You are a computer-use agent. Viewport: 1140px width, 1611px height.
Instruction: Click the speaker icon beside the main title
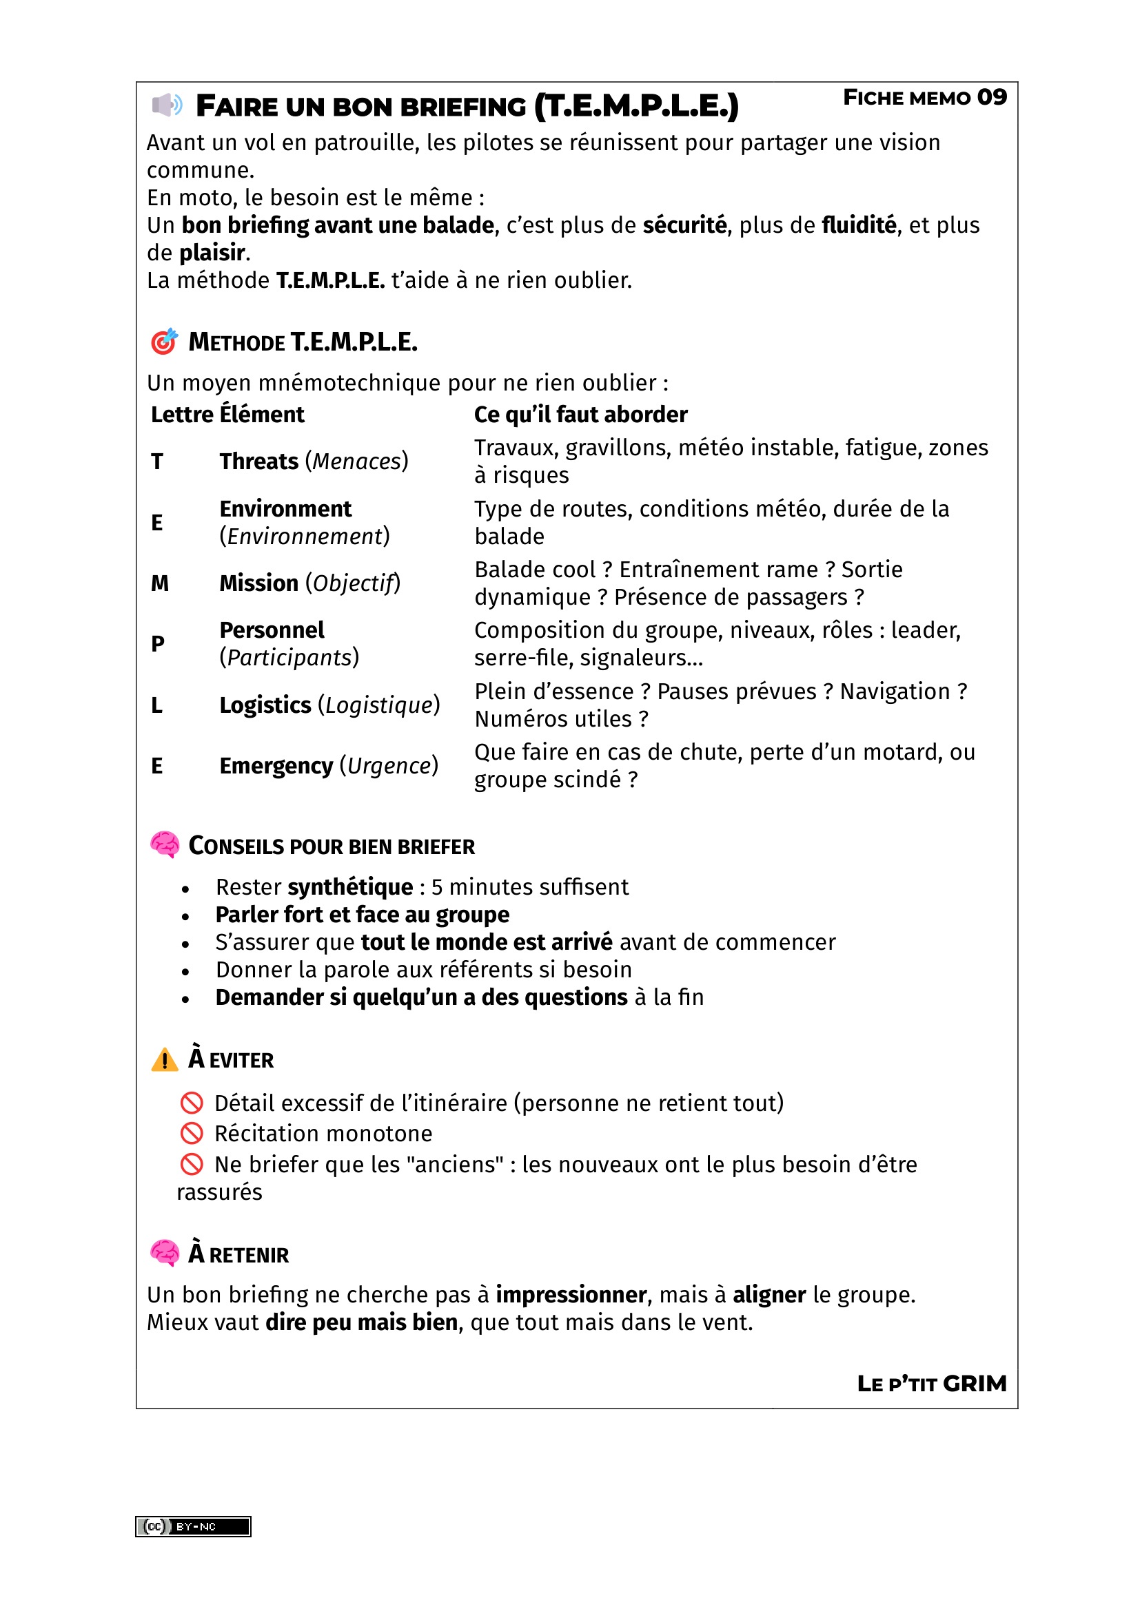167,105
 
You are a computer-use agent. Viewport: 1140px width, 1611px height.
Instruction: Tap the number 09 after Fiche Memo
991,97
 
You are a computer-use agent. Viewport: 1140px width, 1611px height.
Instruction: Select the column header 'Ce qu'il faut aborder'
580,415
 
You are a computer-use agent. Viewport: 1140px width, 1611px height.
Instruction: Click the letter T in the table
156,461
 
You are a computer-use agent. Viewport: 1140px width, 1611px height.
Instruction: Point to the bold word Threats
258,461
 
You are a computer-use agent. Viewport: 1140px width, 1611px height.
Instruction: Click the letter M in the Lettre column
159,583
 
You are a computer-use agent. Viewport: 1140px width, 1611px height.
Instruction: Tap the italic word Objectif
353,583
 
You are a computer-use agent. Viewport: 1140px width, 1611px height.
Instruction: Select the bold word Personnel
272,630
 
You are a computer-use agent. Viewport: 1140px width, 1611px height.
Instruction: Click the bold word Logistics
265,705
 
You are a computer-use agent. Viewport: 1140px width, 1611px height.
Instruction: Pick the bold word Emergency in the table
276,766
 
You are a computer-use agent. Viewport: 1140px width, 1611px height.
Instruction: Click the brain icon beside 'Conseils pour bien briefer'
165,845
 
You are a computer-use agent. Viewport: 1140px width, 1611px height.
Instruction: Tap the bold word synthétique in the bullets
350,888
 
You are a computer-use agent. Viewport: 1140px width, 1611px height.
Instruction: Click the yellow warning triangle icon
165,1059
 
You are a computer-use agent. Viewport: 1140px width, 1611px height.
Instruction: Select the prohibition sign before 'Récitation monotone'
192,1133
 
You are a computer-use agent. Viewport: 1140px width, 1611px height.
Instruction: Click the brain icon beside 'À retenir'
165,1253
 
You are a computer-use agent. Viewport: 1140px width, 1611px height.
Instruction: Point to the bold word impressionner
571,1295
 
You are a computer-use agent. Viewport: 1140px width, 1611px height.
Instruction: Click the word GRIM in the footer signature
975,1384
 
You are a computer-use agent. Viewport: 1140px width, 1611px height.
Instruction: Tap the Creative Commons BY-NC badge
193,1526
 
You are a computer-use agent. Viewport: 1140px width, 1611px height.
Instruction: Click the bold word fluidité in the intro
859,225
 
